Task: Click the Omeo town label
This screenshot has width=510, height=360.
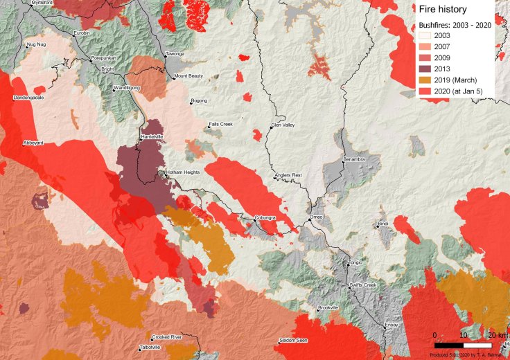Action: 317,219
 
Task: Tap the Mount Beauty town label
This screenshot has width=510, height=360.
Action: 188,76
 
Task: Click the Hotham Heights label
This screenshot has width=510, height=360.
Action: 182,172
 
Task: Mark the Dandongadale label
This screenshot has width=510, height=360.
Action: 28,98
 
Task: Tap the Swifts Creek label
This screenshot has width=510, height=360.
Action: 365,285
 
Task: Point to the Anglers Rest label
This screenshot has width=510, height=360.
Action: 288,176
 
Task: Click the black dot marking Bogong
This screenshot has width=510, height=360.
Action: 191,102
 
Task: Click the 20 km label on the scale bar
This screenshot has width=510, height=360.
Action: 494,335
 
